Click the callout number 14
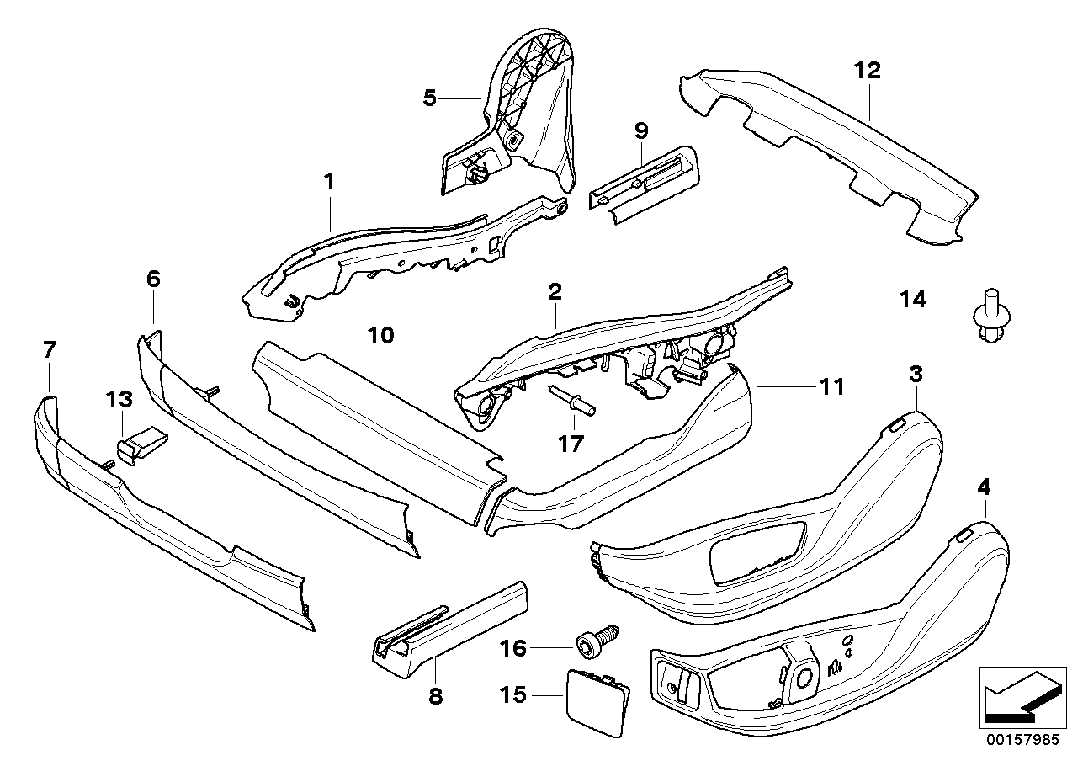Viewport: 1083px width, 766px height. click(x=912, y=299)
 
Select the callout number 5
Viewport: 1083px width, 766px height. click(x=430, y=99)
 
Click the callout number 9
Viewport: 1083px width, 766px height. click(x=641, y=130)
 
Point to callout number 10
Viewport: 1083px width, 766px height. click(x=380, y=336)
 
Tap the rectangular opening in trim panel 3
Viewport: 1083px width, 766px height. click(x=757, y=551)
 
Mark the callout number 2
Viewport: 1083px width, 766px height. click(x=554, y=293)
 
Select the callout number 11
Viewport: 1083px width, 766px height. click(x=831, y=387)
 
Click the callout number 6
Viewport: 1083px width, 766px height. click(x=152, y=279)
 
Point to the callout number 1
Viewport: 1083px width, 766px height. click(x=330, y=180)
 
